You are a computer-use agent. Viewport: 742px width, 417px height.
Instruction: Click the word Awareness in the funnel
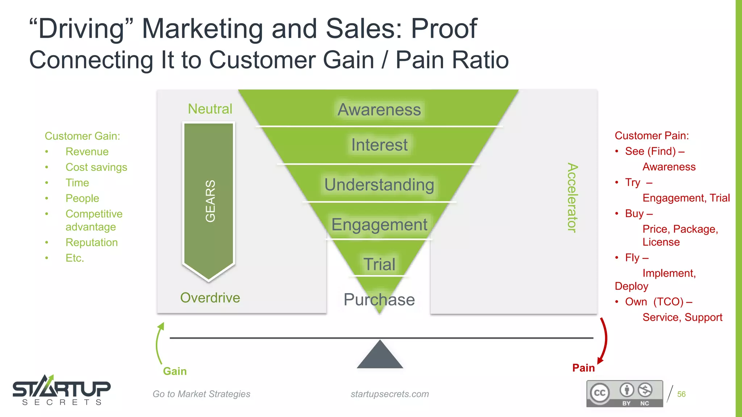click(x=379, y=110)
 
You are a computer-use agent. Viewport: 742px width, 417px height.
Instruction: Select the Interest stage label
click(x=379, y=145)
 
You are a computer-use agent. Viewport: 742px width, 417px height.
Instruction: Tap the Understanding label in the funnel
click(x=379, y=185)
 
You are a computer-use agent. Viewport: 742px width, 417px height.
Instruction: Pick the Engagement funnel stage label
click(x=379, y=224)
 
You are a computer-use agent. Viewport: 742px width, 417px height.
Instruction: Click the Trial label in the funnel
click(x=379, y=264)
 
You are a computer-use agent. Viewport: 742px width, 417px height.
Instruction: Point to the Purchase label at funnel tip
click(x=379, y=300)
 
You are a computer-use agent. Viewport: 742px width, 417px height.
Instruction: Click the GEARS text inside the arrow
click(x=210, y=201)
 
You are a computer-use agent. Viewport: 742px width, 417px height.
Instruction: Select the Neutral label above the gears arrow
click(x=210, y=109)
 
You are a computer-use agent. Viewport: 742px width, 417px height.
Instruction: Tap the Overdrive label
click(x=210, y=298)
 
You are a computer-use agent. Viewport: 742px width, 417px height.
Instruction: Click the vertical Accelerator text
click(x=572, y=197)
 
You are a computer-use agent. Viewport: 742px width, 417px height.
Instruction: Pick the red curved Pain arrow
click(x=603, y=340)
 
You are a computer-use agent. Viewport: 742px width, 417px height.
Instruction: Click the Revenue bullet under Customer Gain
click(x=87, y=152)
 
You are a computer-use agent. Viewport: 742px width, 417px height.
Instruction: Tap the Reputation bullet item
click(x=92, y=243)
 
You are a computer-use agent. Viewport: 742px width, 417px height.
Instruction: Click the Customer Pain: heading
click(x=651, y=136)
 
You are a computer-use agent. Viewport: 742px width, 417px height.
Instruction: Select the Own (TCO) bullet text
click(x=658, y=302)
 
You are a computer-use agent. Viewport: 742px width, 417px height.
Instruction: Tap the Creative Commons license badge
click(x=625, y=394)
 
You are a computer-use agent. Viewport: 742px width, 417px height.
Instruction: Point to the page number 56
click(x=681, y=394)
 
